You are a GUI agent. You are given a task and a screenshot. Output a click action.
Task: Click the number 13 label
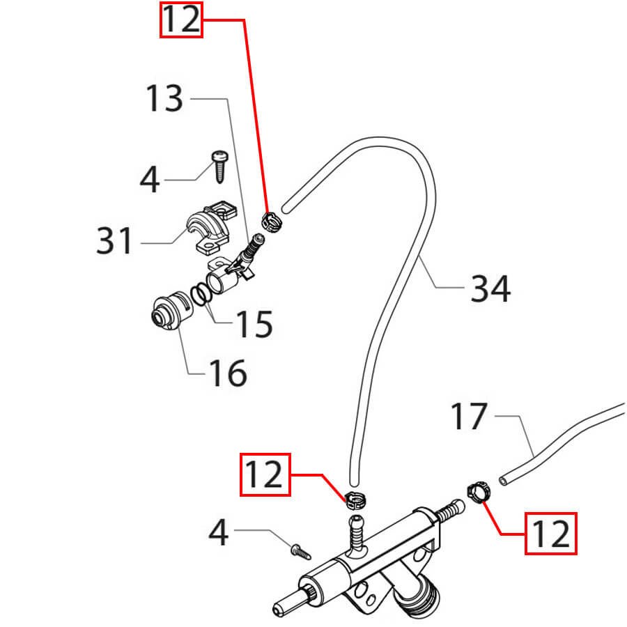(164, 99)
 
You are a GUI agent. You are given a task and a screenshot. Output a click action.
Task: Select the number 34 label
(490, 288)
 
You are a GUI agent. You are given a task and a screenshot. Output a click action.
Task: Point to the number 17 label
(468, 417)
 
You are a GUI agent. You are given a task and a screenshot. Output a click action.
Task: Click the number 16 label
(227, 373)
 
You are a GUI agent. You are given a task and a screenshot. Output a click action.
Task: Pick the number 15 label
(253, 323)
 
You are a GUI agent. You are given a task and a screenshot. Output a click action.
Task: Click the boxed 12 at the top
(181, 21)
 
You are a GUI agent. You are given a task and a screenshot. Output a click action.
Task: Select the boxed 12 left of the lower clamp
(265, 474)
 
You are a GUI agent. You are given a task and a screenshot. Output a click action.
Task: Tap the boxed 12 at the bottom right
(551, 534)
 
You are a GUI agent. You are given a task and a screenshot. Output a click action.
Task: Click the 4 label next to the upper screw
(150, 180)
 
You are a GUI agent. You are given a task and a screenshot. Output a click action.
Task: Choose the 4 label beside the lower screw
(219, 534)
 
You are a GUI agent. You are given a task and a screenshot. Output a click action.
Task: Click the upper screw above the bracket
(219, 166)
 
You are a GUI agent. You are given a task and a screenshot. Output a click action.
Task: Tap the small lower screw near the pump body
(300, 552)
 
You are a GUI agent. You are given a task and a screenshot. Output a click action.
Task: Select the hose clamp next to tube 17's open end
(477, 490)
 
